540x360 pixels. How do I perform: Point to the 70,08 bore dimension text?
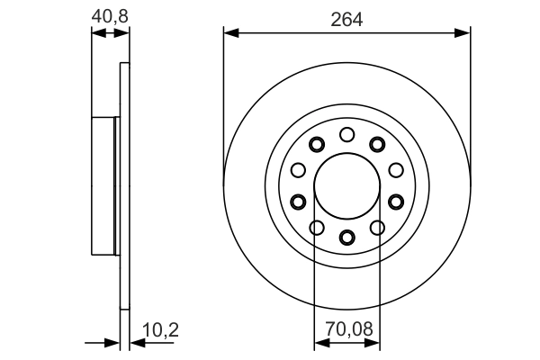click(347, 331)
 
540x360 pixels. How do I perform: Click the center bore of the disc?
click(347, 185)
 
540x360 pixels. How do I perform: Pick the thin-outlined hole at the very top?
click(347, 134)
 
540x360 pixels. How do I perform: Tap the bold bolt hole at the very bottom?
click(347, 237)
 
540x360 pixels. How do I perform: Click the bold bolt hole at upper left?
click(317, 144)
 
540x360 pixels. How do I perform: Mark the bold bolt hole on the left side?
click(299, 201)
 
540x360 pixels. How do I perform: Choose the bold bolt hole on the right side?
click(396, 201)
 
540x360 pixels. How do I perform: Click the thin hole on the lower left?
click(317, 227)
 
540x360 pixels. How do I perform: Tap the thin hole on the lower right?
click(378, 227)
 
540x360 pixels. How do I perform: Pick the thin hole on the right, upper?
click(396, 169)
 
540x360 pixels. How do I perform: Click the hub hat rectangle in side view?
click(105, 185)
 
